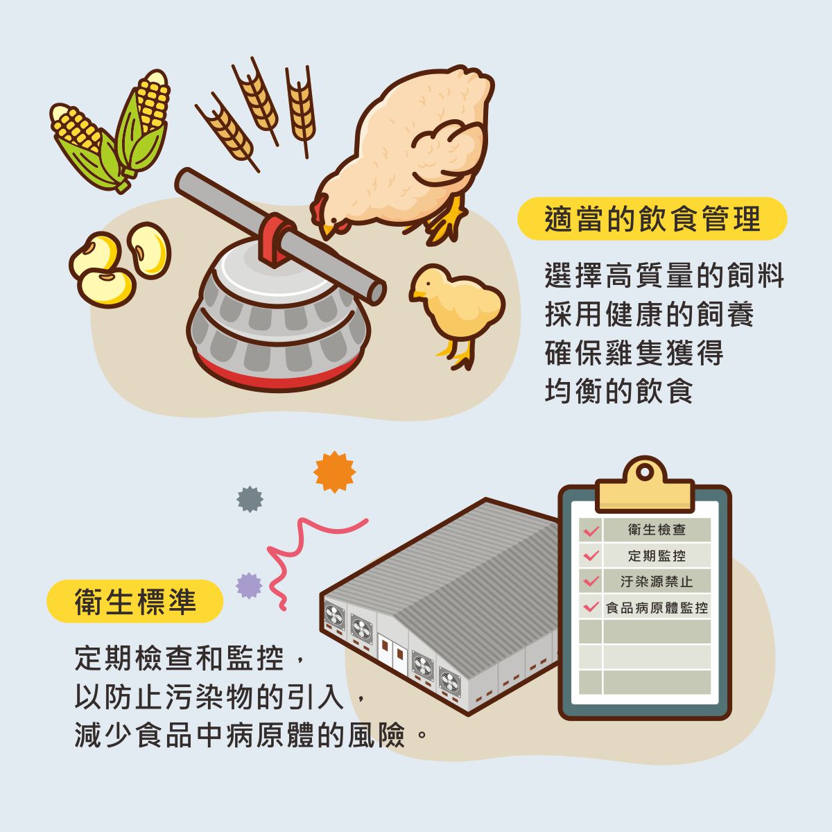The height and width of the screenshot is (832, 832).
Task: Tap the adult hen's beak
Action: click(328, 231)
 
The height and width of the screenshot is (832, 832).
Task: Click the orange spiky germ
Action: click(335, 472)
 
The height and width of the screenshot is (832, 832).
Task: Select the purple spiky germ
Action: click(249, 585)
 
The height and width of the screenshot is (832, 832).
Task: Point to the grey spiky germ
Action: click(250, 499)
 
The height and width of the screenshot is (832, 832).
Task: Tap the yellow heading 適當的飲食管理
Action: click(652, 218)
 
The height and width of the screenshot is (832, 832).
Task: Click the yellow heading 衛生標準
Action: click(135, 601)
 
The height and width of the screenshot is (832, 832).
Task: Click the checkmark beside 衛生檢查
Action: click(590, 530)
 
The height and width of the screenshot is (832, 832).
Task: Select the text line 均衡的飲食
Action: click(619, 391)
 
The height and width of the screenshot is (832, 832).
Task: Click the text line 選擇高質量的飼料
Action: click(664, 275)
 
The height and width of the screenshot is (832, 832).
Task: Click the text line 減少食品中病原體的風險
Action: click(251, 735)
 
